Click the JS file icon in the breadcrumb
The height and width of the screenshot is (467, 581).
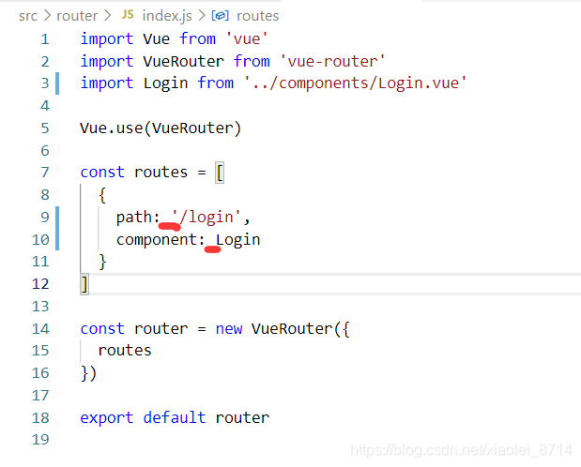click(127, 16)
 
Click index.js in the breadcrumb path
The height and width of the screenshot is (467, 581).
click(167, 16)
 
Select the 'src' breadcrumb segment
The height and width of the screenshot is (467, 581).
click(28, 16)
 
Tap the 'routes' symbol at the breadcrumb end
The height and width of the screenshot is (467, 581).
click(257, 16)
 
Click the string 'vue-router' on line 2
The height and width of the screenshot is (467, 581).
click(332, 61)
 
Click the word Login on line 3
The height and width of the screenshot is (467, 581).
click(166, 83)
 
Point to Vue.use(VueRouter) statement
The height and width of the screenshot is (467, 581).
click(161, 128)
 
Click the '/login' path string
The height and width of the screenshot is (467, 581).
click(210, 218)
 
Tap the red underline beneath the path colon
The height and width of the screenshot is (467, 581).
click(169, 227)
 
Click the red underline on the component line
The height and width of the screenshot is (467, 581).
click(212, 249)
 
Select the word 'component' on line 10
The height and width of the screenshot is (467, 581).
click(157, 240)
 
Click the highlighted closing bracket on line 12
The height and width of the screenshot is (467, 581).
click(84, 283)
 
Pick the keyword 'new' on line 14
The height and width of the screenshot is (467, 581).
click(228, 328)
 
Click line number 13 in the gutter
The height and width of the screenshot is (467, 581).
click(40, 307)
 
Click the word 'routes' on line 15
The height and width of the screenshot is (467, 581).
click(125, 351)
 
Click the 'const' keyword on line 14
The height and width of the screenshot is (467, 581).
click(102, 328)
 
